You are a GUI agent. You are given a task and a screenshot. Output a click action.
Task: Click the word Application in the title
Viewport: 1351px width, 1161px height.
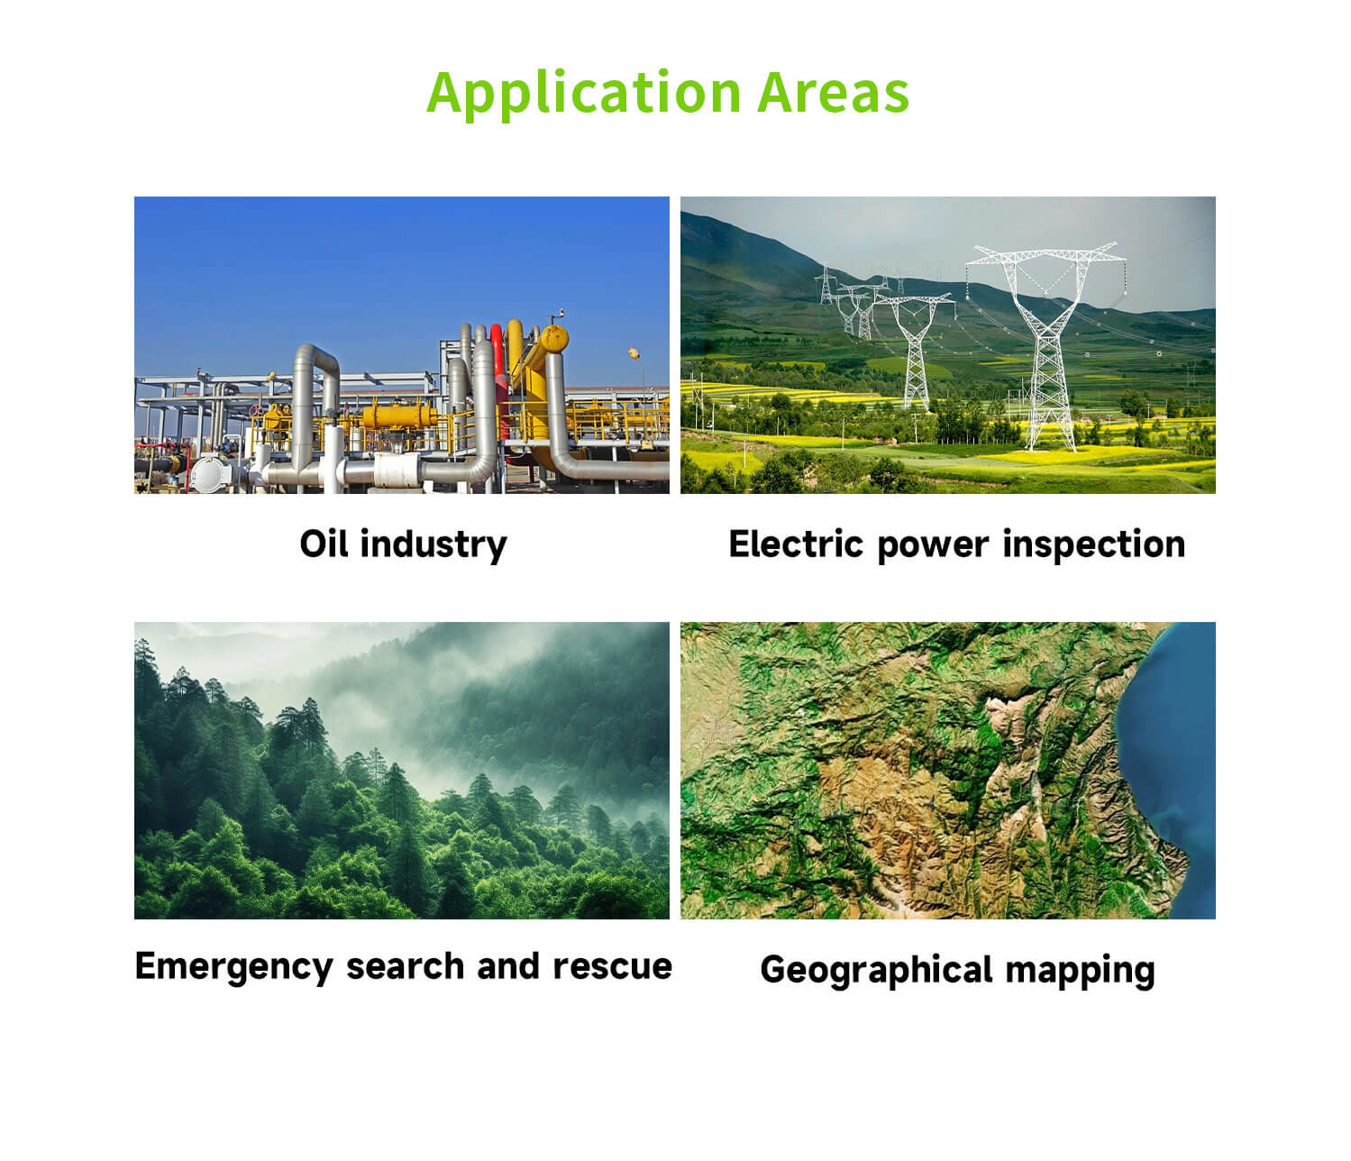(x=584, y=94)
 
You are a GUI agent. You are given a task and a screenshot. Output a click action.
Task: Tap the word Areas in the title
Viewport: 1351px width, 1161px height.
(x=834, y=92)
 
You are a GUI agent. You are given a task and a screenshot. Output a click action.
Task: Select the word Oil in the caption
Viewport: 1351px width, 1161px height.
(x=324, y=544)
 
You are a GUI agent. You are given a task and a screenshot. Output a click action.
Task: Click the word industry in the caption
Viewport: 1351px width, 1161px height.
(x=434, y=546)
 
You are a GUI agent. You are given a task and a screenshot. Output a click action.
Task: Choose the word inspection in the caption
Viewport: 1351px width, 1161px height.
(x=1094, y=544)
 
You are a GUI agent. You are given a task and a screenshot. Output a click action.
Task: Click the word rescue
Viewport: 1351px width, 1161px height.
(x=613, y=966)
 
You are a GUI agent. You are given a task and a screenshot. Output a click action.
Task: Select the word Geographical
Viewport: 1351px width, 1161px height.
(x=877, y=970)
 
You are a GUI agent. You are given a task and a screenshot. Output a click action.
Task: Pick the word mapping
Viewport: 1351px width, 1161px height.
(x=1080, y=972)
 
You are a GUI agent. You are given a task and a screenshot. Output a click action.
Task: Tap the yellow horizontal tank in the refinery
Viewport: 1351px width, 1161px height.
(x=398, y=416)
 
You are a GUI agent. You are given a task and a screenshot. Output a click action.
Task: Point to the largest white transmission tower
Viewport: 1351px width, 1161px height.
(x=1046, y=346)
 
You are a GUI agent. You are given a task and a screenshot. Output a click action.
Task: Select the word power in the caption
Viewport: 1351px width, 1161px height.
(x=933, y=547)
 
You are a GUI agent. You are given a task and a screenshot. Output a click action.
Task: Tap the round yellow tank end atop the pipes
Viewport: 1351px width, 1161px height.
(x=553, y=339)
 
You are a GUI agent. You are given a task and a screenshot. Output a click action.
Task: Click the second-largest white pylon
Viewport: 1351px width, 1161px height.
(x=914, y=351)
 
